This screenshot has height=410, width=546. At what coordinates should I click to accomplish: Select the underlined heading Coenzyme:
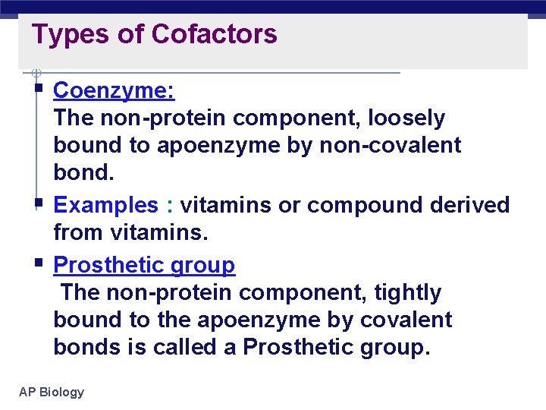pos(115,91)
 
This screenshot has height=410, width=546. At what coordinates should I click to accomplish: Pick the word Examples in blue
pos(105,205)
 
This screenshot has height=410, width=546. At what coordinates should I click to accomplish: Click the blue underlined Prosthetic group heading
pos(145,265)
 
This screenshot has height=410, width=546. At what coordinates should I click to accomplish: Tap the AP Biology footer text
pos(52,392)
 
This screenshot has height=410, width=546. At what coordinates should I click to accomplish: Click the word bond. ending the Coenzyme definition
pos(83,173)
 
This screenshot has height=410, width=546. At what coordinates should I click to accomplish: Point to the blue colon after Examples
pos(170,206)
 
